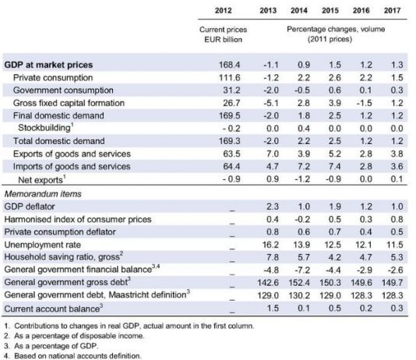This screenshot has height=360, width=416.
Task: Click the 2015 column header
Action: (x=330, y=10)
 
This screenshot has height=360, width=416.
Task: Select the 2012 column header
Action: (x=223, y=10)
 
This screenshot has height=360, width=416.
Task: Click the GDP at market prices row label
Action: (x=48, y=65)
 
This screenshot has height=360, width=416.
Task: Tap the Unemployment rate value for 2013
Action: (x=270, y=245)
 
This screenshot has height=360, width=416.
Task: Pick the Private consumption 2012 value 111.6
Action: (x=230, y=78)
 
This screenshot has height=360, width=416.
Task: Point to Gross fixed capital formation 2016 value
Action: (x=365, y=103)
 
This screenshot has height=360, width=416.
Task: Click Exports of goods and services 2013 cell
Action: (x=273, y=154)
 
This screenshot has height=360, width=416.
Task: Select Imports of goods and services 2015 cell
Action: (x=335, y=167)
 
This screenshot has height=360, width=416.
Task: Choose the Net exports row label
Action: (x=41, y=179)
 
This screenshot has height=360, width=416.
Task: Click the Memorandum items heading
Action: (x=43, y=194)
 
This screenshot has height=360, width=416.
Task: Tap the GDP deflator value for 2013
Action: (x=273, y=206)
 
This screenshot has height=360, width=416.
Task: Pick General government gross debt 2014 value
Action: (x=299, y=283)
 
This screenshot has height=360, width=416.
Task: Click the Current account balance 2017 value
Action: (x=397, y=309)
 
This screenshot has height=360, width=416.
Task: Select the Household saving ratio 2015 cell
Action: (x=335, y=257)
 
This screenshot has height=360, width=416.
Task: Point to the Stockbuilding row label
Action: (x=46, y=128)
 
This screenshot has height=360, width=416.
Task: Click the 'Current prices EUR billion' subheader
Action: (x=223, y=34)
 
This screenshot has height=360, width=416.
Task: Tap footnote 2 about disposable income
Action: (x=74, y=336)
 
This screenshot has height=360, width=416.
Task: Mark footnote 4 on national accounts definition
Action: (x=72, y=356)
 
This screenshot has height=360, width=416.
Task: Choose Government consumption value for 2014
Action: (x=302, y=90)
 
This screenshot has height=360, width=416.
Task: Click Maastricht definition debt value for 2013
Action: (x=268, y=295)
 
